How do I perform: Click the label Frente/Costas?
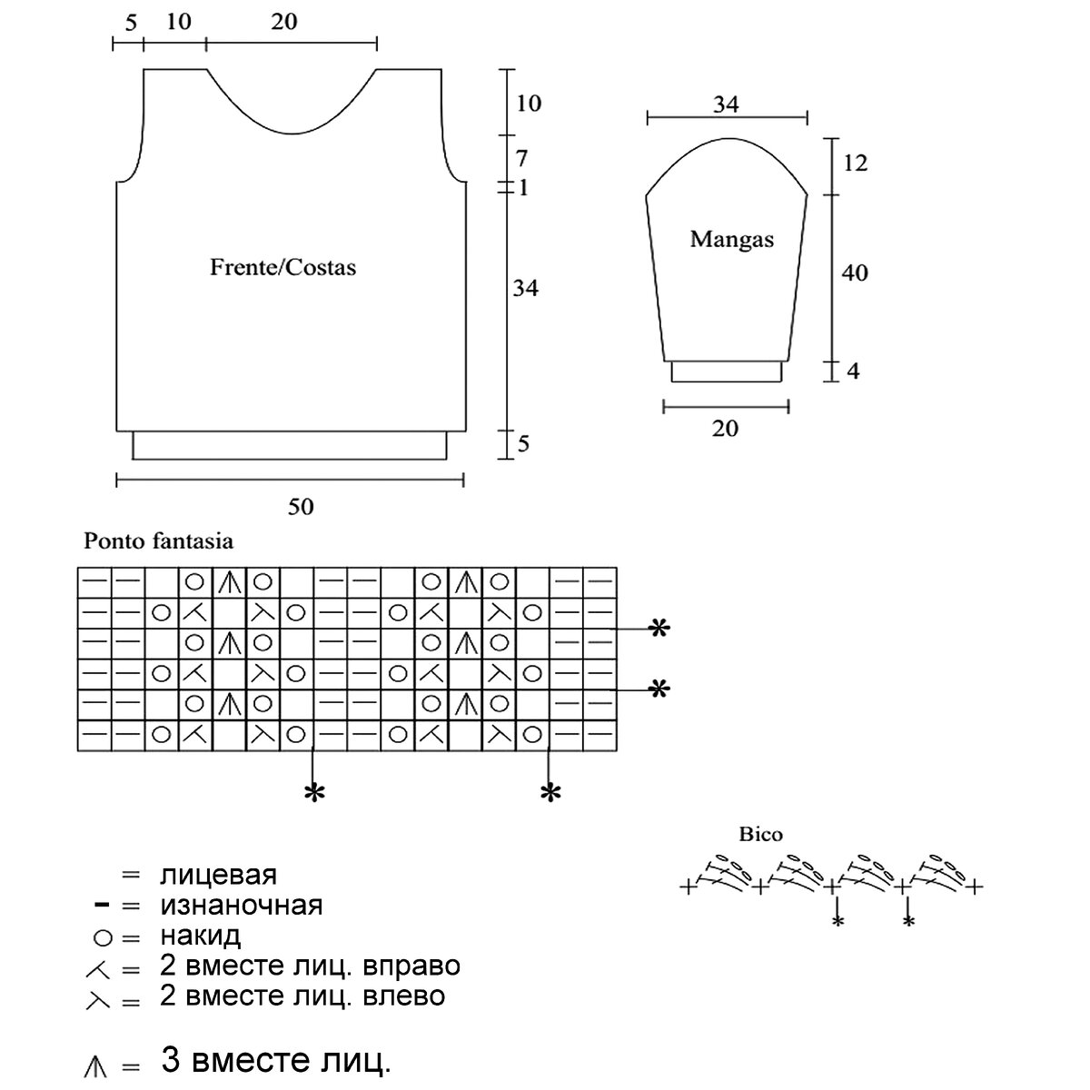click(282, 268)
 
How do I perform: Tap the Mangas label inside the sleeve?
click(731, 240)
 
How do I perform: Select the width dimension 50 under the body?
click(301, 506)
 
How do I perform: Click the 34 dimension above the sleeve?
click(726, 104)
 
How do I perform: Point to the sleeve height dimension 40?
click(855, 272)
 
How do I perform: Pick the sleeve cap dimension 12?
click(855, 163)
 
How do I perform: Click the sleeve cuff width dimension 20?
click(725, 428)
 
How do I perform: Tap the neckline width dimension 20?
click(284, 21)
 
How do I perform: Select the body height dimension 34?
click(525, 288)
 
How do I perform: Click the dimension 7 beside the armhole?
click(521, 159)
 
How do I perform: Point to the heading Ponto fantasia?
click(158, 541)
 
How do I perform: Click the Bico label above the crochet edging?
click(760, 834)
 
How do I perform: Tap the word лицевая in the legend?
click(218, 876)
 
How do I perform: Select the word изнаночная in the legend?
click(241, 906)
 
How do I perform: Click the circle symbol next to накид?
click(102, 936)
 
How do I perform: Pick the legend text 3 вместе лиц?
click(276, 1059)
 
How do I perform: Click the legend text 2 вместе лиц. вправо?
click(310, 965)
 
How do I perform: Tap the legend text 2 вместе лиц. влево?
click(302, 996)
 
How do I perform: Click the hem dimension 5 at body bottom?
click(523, 444)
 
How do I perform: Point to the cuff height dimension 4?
click(853, 371)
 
